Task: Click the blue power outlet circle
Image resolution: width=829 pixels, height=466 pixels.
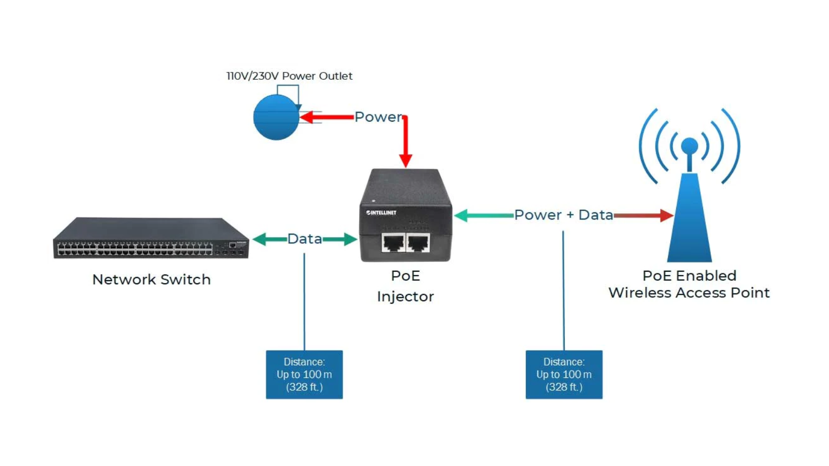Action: coord(276,118)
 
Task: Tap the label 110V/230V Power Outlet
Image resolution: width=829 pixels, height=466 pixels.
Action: coord(289,76)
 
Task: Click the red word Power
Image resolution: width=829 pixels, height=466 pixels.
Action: coord(378,117)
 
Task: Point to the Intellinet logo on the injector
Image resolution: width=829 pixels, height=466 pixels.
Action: coord(381,213)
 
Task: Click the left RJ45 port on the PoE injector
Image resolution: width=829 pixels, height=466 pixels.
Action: coord(393,242)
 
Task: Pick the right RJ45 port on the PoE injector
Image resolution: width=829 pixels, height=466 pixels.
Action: coord(418,242)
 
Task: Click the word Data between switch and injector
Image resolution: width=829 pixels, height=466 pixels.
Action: coord(305,239)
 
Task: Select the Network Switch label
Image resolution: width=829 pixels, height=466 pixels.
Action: coord(151,280)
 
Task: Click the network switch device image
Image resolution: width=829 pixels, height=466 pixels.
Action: coord(150,239)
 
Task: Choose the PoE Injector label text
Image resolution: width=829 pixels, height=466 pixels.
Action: coord(406,286)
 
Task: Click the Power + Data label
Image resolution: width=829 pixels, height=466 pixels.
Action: coord(563,215)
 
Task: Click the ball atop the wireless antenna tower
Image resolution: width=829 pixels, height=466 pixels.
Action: coord(690,147)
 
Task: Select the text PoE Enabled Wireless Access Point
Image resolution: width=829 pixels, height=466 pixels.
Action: coord(689,284)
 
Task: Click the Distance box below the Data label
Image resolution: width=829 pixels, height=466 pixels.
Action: coord(304,374)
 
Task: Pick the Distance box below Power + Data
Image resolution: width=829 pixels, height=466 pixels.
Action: coord(564,374)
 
